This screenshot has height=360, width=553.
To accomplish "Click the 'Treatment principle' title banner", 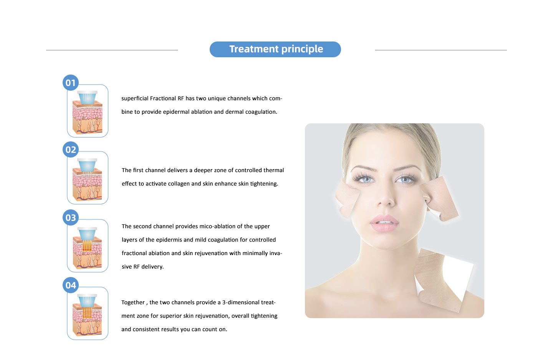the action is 275,50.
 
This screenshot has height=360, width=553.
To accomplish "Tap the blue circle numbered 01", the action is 71,83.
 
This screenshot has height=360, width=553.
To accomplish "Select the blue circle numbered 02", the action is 71,149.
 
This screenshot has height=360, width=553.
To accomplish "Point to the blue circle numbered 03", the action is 71,217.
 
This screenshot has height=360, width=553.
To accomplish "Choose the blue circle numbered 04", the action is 71,285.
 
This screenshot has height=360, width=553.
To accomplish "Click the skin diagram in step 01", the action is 88,113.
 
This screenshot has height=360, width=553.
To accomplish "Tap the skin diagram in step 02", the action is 88,180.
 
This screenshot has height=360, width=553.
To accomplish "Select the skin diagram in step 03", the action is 88,248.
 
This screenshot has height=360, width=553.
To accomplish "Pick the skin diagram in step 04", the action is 88,315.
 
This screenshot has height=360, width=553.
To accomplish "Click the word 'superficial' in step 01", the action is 134,98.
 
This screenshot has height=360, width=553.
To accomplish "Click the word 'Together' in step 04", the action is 133,303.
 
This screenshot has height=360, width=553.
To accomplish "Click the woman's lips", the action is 384,223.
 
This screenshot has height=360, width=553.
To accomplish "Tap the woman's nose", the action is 386,195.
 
